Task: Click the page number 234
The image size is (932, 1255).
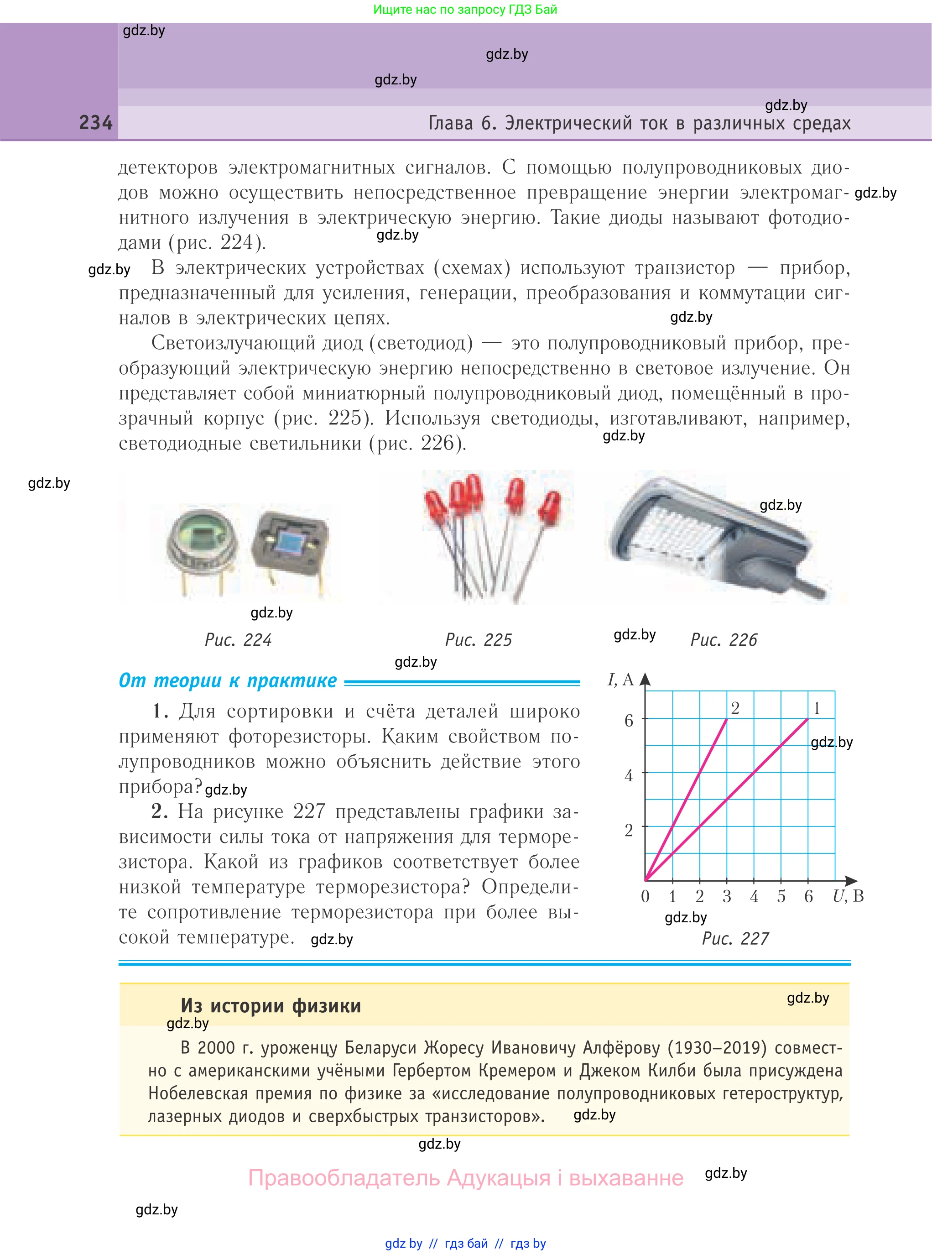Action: tap(96, 122)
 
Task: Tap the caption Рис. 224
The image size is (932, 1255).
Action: tap(238, 640)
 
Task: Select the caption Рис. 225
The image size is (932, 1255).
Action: tap(479, 640)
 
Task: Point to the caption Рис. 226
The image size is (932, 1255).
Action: tap(724, 640)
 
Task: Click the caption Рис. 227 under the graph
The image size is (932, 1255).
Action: tap(735, 938)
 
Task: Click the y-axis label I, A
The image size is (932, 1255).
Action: tap(620, 680)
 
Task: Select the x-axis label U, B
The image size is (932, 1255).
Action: tap(848, 896)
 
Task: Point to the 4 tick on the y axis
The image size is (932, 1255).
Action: tap(629, 775)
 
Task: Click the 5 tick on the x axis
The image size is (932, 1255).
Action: tap(781, 897)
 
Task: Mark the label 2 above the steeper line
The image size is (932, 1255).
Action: tap(735, 708)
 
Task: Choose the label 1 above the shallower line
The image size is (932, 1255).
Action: tap(816, 708)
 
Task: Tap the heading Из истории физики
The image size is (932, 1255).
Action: tap(271, 1005)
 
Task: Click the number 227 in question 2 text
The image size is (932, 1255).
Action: tap(309, 811)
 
